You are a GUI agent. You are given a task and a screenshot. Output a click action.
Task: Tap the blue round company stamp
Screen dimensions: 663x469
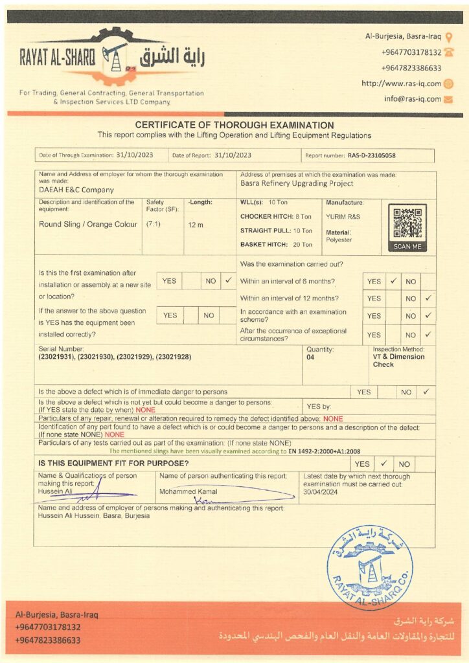[369, 567]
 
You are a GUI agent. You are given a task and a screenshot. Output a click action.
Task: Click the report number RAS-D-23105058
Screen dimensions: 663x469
[371, 155]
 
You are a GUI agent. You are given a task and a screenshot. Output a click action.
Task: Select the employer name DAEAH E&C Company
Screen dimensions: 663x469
[76, 190]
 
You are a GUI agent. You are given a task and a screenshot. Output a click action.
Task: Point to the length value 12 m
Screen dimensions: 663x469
[195, 224]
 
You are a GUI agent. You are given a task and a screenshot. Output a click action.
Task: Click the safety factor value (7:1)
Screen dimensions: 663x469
[154, 224]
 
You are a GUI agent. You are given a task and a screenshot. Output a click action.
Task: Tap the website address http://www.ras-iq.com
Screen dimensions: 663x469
[401, 84]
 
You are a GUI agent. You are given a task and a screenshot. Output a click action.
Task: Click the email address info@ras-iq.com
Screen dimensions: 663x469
[412, 99]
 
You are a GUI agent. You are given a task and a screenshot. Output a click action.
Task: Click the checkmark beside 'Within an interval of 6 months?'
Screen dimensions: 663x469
[393, 282]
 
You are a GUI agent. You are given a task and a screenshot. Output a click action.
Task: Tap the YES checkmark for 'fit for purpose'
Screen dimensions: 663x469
[383, 464]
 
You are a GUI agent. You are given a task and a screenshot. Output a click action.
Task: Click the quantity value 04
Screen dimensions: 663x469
[310, 357]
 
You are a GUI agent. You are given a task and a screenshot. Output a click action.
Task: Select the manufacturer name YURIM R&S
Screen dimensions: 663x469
[343, 216]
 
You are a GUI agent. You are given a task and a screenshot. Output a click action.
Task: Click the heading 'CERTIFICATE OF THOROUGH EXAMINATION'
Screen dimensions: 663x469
[234, 125]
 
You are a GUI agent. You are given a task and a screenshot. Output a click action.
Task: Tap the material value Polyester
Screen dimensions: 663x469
[338, 240]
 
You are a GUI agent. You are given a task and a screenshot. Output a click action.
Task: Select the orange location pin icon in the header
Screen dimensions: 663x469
[449, 37]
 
